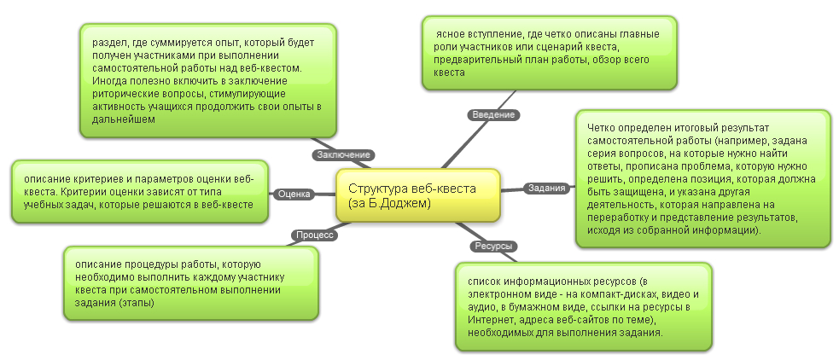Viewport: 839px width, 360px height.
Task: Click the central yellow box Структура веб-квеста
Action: click(418, 195)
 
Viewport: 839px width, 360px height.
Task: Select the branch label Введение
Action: click(493, 114)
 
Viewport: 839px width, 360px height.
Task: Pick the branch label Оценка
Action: click(294, 195)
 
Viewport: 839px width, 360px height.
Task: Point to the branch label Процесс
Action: click(315, 235)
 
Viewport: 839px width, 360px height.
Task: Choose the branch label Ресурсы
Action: click(494, 246)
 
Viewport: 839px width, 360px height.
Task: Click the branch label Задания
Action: click(547, 188)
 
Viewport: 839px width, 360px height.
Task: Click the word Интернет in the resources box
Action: click(487, 320)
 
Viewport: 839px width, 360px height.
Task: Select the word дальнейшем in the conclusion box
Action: click(124, 119)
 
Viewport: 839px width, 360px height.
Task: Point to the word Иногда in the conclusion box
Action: click(108, 81)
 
